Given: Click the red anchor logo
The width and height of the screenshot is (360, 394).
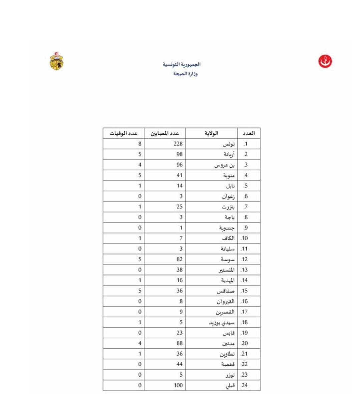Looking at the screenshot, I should (325, 61).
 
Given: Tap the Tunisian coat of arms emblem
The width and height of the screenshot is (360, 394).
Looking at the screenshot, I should (57, 61).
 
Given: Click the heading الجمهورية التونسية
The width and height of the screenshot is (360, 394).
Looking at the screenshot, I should (182, 64).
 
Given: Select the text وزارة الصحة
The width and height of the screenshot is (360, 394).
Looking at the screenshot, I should (185, 74).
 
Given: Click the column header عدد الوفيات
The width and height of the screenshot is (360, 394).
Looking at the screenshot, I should (123, 133).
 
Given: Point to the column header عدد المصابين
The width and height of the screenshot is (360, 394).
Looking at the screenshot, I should (164, 133).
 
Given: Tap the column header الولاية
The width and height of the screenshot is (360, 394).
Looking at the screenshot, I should (211, 133).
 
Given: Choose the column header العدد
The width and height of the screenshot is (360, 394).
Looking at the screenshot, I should (249, 133).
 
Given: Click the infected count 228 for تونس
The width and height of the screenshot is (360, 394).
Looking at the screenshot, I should (178, 144).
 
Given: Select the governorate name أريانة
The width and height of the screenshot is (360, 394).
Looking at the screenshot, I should (229, 154).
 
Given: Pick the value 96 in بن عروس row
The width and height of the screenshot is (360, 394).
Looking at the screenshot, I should (179, 165).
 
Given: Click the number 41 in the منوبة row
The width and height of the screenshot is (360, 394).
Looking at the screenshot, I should (179, 175).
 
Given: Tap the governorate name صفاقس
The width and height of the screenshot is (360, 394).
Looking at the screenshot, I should (226, 291).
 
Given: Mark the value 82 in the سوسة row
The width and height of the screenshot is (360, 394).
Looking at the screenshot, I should (179, 259).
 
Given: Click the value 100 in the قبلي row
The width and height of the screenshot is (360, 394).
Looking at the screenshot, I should (178, 385).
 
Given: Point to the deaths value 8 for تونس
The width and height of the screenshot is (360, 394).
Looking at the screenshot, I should (140, 144).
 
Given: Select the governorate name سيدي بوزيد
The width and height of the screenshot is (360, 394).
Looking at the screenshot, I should (222, 323).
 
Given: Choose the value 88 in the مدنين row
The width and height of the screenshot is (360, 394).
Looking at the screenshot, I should (179, 343).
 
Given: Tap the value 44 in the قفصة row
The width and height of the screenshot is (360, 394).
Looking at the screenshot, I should (179, 364).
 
